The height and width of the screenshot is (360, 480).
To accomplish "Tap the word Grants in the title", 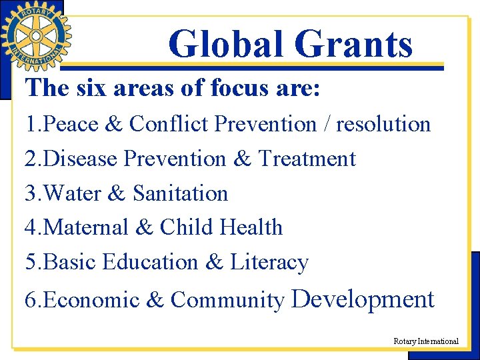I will pos(353,44).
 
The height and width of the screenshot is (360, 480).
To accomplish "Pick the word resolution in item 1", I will pos(383,124).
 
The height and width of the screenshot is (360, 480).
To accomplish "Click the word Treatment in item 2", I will pos(307,159).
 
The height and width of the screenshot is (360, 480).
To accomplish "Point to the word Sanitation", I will pos(181,193).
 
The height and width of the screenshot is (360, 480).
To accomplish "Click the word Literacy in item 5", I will pos(269,262).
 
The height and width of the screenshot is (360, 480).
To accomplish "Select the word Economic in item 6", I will pos(91,301).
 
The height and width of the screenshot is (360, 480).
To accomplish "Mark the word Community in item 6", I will pos(227,301).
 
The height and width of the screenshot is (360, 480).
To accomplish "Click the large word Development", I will pos(363,299).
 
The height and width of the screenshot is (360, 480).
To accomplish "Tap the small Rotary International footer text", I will pos(426,341).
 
